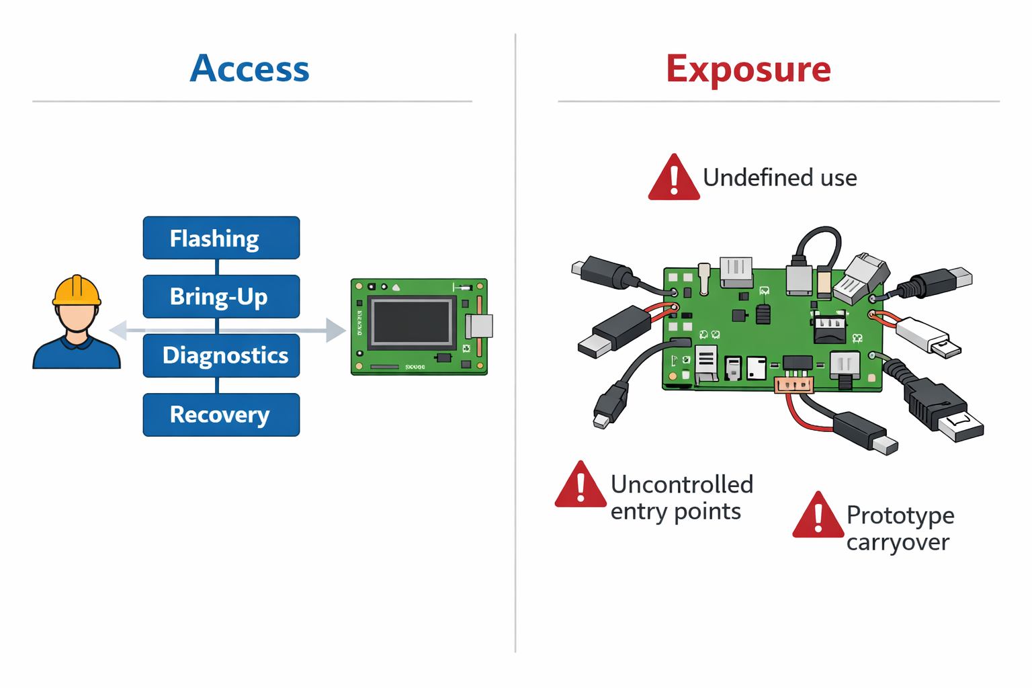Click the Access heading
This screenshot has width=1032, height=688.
click(249, 69)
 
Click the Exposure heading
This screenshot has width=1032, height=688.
click(748, 69)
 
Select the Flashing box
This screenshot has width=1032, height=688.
click(221, 238)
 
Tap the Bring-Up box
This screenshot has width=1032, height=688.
click(221, 296)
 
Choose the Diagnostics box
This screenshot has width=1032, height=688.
click(221, 355)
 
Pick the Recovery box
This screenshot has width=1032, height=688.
click(221, 415)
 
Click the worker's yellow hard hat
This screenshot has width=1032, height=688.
click(77, 291)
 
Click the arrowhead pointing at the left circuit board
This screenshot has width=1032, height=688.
click(335, 330)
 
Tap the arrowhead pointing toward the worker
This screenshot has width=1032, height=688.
click(118, 330)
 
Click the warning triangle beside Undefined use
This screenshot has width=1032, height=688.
click(674, 179)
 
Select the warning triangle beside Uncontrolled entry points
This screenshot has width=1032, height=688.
click(580, 486)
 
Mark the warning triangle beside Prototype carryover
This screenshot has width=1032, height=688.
click(818, 516)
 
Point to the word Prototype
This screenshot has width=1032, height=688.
click(900, 515)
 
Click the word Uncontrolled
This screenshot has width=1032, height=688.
click(681, 484)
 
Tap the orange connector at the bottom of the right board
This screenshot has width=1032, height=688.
click(793, 385)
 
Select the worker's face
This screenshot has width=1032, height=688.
click(77, 318)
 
